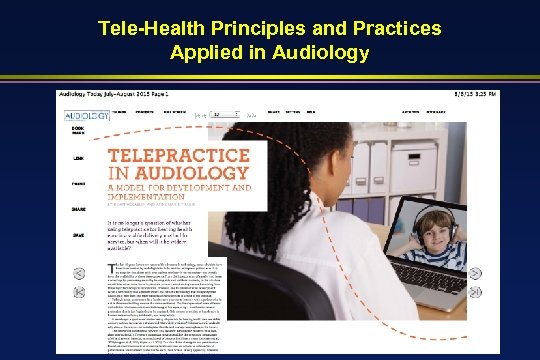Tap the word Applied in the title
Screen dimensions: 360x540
(209, 51)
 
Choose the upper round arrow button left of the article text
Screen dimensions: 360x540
(79, 269)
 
